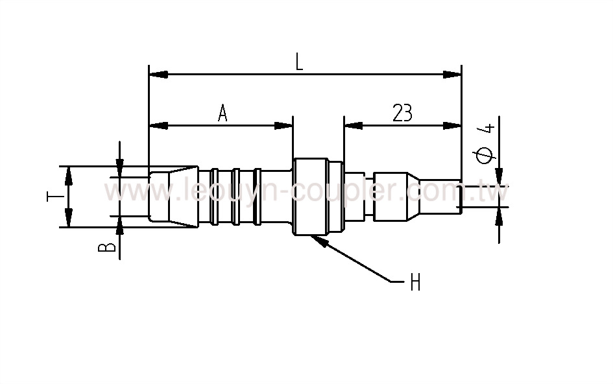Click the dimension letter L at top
[299, 62]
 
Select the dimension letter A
[222, 114]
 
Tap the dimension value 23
[402, 114]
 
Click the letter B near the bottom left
[110, 247]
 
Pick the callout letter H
[415, 283]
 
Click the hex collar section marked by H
[310, 197]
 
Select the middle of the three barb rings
[236, 197]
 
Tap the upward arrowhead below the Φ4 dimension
[499, 217]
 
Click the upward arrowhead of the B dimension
[120, 224]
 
